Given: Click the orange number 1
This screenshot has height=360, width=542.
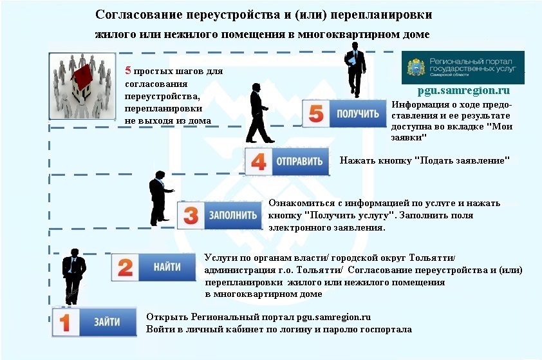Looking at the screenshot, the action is pyautogui.click(x=65, y=322).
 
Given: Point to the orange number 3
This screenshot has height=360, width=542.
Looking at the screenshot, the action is pyautogui.click(x=191, y=216).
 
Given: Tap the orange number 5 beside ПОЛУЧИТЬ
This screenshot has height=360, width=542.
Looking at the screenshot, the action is pyautogui.click(x=316, y=114).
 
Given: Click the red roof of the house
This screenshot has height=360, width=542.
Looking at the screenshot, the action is pyautogui.click(x=83, y=75).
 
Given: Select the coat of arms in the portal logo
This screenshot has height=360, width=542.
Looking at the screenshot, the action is pyautogui.click(x=416, y=67).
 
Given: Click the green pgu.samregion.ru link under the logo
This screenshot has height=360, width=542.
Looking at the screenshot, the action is pyautogui.click(x=463, y=91).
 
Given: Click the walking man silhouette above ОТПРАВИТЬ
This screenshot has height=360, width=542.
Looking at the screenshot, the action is pyautogui.click(x=259, y=113).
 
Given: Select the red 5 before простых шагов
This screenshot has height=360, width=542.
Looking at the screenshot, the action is pyautogui.click(x=128, y=71).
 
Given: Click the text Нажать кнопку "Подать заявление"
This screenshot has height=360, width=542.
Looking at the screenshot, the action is pyautogui.click(x=425, y=160).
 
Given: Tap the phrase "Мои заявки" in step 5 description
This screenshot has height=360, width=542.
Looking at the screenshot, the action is pyautogui.click(x=452, y=132).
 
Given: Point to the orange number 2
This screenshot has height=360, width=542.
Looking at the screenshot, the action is pyautogui.click(x=125, y=267).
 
